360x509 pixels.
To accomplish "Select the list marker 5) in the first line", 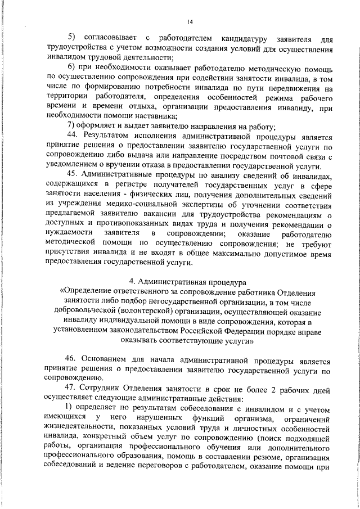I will (x=71, y=38).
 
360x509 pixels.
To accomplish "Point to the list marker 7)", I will (x=71, y=125).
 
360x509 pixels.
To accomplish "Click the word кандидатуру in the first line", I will (x=244, y=38).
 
